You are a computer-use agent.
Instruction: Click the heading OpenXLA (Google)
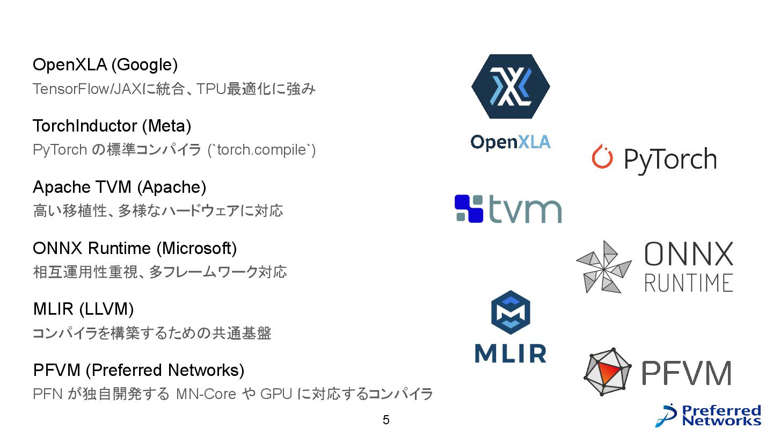pyautogui.click(x=105, y=65)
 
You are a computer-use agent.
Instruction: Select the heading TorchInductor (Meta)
pyautogui.click(x=112, y=126)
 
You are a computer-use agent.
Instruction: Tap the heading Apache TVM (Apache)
pyautogui.click(x=119, y=187)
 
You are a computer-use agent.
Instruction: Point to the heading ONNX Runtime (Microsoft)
pyautogui.click(x=134, y=249)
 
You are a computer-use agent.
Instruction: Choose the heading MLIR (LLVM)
pyautogui.click(x=83, y=309)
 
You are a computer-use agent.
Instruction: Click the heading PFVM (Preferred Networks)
pyautogui.click(x=138, y=371)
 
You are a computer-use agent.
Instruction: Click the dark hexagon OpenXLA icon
pyautogui.click(x=511, y=86)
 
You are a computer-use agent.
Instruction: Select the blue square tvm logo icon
pyautogui.click(x=469, y=208)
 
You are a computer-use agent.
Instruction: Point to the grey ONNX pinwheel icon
pyautogui.click(x=603, y=267)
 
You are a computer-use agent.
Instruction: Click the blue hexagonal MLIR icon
pyautogui.click(x=511, y=314)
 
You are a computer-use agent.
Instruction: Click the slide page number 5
pyautogui.click(x=386, y=420)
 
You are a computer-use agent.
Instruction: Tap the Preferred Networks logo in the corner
pyautogui.click(x=709, y=416)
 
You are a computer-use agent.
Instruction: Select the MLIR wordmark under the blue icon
pyautogui.click(x=511, y=353)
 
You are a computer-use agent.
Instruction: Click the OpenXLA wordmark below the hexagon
pyautogui.click(x=511, y=142)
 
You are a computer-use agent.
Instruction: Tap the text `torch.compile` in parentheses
pyautogui.click(x=261, y=150)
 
